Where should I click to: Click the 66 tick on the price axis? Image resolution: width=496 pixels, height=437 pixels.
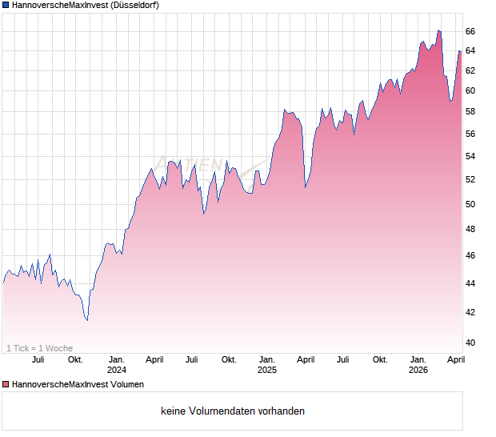pos(470,31)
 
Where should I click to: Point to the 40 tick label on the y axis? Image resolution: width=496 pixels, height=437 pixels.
pos(470,343)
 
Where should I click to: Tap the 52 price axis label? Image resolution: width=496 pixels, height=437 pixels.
pos(470,178)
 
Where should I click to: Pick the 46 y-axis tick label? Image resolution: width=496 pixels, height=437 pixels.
pos(470,256)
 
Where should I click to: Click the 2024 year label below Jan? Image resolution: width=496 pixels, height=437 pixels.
pos(117,371)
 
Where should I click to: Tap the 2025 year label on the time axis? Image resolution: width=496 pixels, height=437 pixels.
pos(267,371)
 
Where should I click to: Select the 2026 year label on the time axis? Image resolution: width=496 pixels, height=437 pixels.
pos(418,371)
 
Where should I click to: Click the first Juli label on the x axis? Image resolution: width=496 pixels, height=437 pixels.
pos(38,360)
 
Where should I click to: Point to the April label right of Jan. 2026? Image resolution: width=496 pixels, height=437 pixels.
pos(455,360)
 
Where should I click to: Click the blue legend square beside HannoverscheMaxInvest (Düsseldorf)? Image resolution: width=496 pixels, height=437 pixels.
pos(6,6)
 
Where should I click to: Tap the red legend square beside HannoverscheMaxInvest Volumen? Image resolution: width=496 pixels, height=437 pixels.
pos(6,385)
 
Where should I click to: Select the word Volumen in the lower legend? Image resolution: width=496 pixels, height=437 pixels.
pos(126,385)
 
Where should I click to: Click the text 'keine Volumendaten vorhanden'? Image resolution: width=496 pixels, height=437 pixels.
pos(233,411)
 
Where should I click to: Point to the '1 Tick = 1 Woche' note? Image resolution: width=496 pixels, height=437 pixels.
pos(39,348)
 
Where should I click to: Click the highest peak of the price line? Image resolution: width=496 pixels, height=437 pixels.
pos(438,30)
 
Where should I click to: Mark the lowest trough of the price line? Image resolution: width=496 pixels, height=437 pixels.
pos(87,320)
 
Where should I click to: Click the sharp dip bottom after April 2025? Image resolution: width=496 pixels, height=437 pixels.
pos(305,187)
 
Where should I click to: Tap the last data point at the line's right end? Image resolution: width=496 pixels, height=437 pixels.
pos(460,52)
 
